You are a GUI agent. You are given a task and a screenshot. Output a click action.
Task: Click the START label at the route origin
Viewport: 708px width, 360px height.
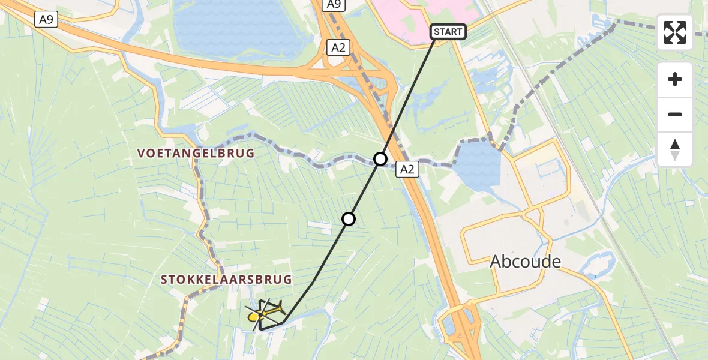(x=448, y=32)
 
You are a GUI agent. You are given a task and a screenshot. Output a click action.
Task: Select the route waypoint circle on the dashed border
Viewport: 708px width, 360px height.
(x=380, y=159)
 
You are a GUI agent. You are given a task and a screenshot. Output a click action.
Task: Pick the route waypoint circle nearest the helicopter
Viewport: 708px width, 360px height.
(x=349, y=219)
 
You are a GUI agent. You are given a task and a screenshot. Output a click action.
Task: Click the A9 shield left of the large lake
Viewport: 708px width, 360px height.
(x=46, y=19)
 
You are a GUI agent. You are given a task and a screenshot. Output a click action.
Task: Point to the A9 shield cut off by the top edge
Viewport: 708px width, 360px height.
(x=334, y=5)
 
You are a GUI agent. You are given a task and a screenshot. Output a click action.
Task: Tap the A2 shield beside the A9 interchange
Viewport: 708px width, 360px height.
(x=338, y=48)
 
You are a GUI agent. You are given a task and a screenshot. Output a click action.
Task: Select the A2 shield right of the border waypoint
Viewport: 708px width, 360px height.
(x=407, y=170)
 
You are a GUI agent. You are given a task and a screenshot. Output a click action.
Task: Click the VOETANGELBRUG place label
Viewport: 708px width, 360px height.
(x=196, y=154)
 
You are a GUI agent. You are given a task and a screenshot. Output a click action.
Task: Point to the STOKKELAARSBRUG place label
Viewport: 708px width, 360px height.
(x=226, y=280)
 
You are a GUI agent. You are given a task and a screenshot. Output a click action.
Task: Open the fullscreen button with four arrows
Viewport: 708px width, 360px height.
(x=675, y=32)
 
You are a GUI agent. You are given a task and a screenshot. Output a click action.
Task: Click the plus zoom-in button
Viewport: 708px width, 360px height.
(x=675, y=79)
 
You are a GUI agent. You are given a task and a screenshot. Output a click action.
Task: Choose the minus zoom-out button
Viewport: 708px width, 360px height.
(x=675, y=114)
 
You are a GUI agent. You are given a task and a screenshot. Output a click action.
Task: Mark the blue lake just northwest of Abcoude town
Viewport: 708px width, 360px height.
(x=479, y=171)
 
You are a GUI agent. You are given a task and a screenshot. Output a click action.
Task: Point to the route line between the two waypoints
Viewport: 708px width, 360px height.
(x=364, y=189)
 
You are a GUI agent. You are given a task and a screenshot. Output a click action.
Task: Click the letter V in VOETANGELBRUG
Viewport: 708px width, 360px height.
(x=141, y=154)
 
